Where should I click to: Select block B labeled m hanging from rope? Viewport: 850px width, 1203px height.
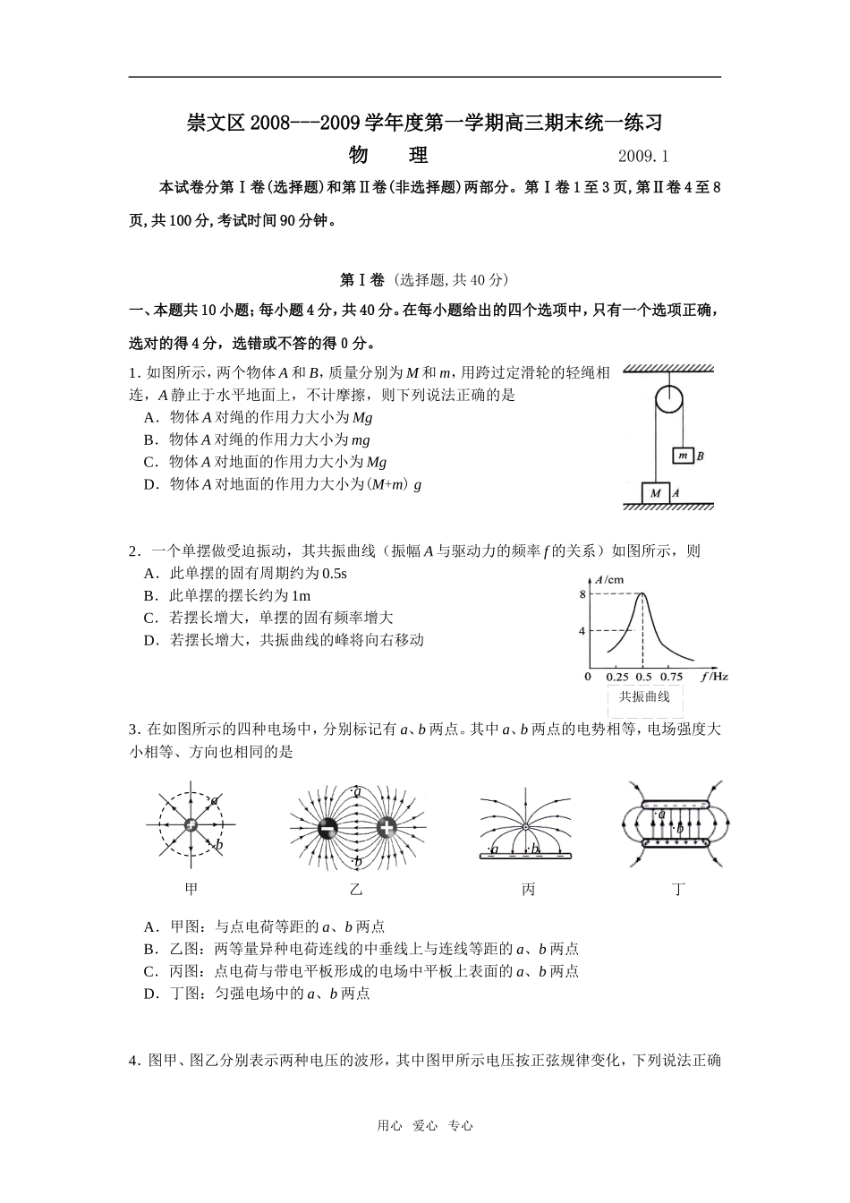click(683, 456)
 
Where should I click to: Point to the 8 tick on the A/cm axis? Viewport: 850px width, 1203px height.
click(582, 594)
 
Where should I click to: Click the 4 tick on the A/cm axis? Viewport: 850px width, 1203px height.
click(582, 631)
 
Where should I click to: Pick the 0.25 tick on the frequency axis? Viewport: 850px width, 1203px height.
click(617, 678)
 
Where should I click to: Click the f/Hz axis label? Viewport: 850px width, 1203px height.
click(714, 677)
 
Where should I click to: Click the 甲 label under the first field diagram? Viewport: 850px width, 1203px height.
click(191, 889)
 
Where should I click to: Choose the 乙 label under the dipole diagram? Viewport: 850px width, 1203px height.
click(357, 889)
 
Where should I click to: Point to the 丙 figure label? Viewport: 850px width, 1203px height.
click(528, 889)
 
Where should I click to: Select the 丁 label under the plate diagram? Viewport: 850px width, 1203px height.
click(678, 889)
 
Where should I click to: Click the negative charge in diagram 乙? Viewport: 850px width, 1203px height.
click(328, 828)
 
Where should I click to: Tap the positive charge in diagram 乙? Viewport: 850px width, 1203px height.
click(387, 828)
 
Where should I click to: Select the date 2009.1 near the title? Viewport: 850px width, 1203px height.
click(644, 157)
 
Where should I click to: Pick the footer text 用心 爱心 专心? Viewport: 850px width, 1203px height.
click(425, 1126)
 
